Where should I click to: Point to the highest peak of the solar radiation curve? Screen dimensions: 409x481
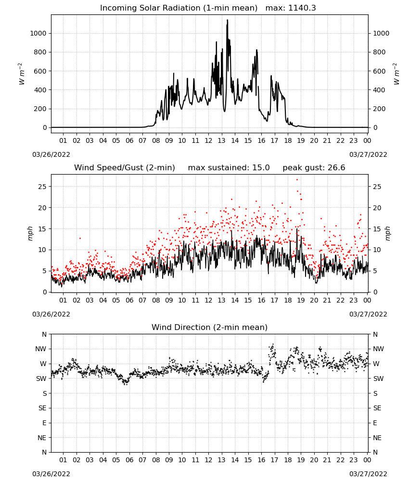pos(228,20)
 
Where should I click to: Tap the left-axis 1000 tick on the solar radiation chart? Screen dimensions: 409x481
pos(38,33)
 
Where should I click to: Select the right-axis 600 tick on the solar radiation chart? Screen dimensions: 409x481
pos(379,71)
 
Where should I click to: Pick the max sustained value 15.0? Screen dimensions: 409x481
pos(261,168)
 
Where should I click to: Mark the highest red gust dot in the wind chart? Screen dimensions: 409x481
pos(297,180)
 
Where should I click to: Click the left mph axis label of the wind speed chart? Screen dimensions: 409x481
pos(30,233)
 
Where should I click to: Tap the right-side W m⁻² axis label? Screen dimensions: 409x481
pos(396,74)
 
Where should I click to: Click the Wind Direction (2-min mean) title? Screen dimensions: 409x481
pos(210,327)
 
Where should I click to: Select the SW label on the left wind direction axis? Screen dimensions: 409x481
pos(41,379)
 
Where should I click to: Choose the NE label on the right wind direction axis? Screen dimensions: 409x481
pos(377,438)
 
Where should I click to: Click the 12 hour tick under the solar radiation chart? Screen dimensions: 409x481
pos(208,140)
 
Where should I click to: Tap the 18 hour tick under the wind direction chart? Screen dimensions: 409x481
pos(288,460)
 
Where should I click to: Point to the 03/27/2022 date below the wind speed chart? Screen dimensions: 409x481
pos(368,314)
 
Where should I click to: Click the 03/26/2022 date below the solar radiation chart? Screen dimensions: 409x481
pos(51,154)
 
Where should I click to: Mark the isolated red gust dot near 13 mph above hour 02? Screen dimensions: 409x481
pos(80,238)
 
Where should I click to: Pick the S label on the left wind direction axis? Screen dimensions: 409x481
pos(44,393)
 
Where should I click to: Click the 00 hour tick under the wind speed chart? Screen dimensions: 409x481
pos(367,300)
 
